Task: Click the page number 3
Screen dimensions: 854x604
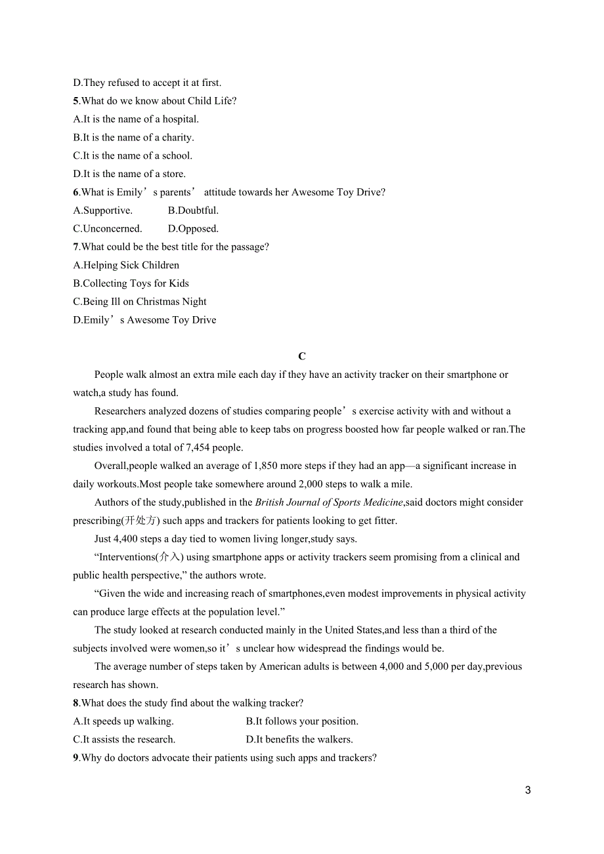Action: point(528,790)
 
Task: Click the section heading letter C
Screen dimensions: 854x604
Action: point(302,356)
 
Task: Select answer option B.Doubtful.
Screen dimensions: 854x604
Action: point(193,211)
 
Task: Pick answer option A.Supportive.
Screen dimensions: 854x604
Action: point(102,211)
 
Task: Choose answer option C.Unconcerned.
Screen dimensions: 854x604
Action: point(107,229)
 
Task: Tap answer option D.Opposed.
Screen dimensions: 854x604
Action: point(193,229)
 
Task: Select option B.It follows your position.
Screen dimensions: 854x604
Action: point(302,722)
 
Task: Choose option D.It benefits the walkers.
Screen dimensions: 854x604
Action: point(299,740)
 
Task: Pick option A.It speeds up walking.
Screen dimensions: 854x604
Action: point(123,722)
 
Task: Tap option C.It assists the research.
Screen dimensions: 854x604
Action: point(124,740)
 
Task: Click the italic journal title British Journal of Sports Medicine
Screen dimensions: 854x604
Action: point(329,502)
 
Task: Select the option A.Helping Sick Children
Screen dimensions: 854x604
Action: point(126,266)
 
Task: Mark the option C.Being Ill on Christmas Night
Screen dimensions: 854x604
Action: point(140,302)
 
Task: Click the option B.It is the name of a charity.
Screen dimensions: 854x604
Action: point(133,138)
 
